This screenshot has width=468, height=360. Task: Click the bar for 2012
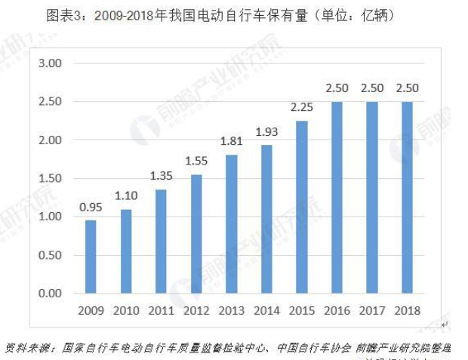pos(196,234)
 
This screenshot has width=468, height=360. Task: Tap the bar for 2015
pos(302,207)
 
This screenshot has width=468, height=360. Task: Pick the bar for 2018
pos(408,197)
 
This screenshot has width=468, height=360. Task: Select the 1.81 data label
pos(232,142)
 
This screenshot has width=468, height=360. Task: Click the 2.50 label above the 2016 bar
pos(337,89)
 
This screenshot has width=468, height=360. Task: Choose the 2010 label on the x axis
pos(126,310)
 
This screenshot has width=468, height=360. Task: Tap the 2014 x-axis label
pos(266,310)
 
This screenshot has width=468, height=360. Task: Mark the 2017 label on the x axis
pos(372,310)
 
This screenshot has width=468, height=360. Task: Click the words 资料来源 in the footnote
pos(27,348)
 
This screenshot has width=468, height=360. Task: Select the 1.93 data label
pos(266,132)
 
